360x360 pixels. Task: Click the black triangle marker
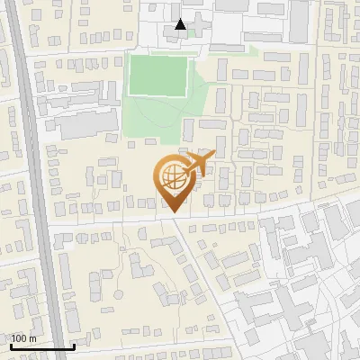pyautogui.click(x=181, y=24)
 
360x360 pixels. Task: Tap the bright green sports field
pyautogui.click(x=158, y=76)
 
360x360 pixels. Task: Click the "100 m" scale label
pyautogui.click(x=23, y=337)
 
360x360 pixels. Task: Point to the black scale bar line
pyautogui.click(x=41, y=346)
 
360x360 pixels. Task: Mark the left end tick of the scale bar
pyautogui.click(x=9, y=345)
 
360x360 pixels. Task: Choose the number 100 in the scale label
pyautogui.click(x=19, y=337)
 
